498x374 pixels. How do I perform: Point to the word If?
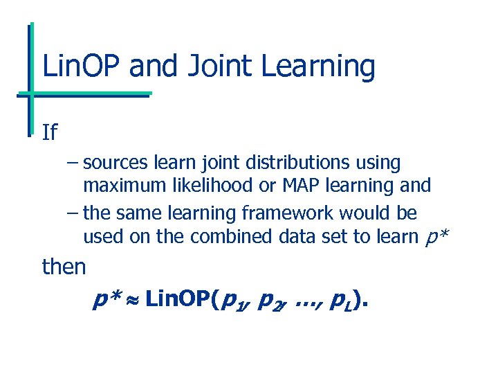coord(49,132)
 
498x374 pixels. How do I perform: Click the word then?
coord(64,266)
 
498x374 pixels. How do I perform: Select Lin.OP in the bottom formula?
coord(180,299)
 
